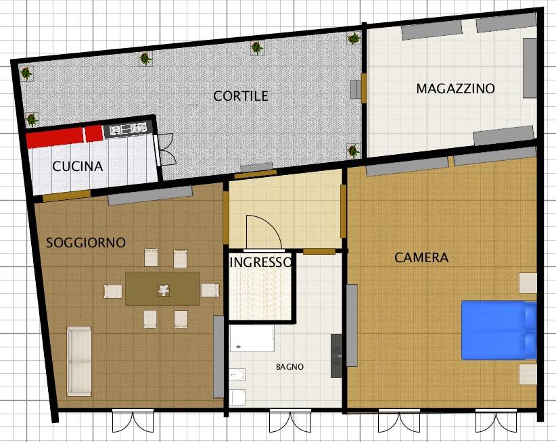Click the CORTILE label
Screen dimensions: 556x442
(241, 96)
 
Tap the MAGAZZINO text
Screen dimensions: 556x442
(455, 89)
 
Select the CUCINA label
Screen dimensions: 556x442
(78, 166)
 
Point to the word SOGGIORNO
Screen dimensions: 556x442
(86, 243)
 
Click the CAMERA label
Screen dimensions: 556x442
(421, 257)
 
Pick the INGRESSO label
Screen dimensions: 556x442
(260, 262)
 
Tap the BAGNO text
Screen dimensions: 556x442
(289, 367)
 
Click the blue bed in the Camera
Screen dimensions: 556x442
(499, 330)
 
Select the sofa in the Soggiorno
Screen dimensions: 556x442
(79, 361)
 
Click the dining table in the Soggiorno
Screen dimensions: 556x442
(162, 289)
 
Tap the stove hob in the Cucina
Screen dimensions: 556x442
(129, 129)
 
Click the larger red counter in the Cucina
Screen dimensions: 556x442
(55, 138)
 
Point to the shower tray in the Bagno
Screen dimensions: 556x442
(252, 338)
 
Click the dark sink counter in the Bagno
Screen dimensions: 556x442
(336, 355)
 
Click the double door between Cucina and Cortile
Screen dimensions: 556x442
(164, 149)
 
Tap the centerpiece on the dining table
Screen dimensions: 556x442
(164, 291)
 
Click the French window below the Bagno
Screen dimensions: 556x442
(290, 421)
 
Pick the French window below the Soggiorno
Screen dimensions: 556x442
(133, 421)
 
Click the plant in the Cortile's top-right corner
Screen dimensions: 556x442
(354, 39)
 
